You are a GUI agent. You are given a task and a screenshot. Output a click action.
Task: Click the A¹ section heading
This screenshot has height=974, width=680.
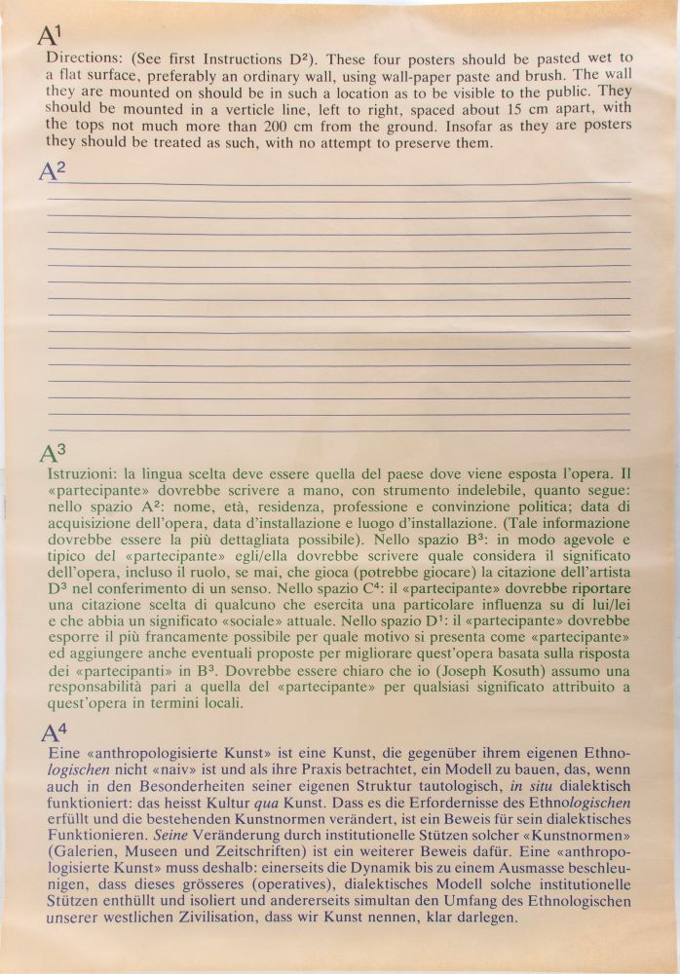[x=50, y=36]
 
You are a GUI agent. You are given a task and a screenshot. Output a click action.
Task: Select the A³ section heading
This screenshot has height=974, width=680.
[x=53, y=453]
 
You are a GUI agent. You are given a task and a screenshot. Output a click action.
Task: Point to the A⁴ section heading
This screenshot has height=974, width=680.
[x=55, y=733]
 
